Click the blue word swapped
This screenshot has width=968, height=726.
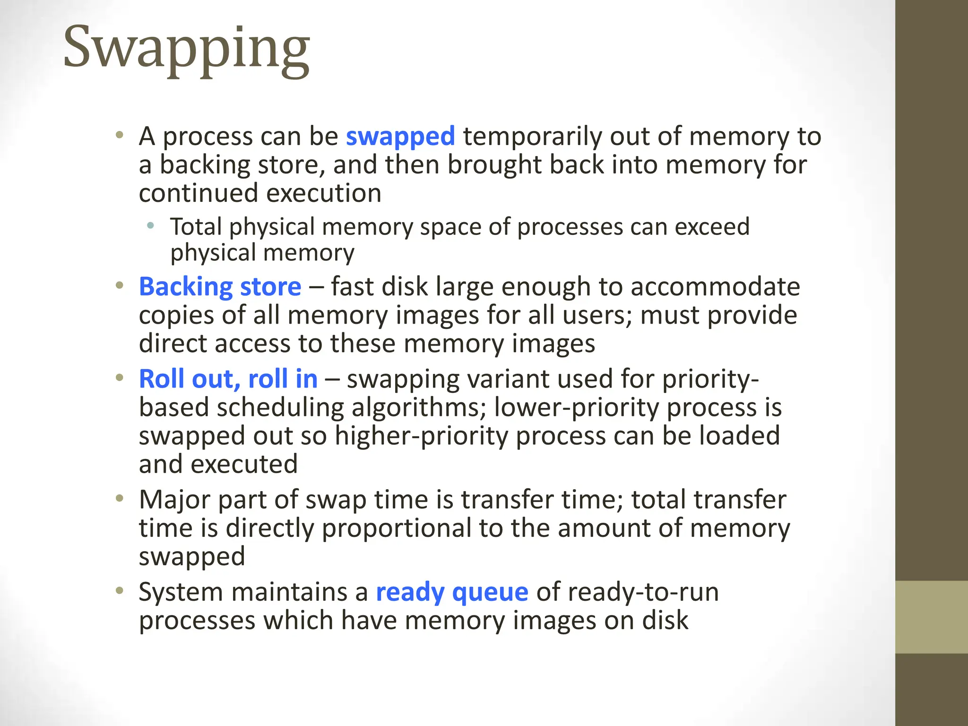400,137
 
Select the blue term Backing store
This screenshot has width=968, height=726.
220,287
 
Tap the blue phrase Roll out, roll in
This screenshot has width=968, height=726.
228,379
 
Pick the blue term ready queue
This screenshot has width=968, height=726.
452,592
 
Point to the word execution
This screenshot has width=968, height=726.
323,193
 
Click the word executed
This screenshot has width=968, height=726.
244,464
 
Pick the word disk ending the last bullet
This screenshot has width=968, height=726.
665,620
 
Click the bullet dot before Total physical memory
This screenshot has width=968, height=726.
150,226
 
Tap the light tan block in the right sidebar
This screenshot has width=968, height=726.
931,617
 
